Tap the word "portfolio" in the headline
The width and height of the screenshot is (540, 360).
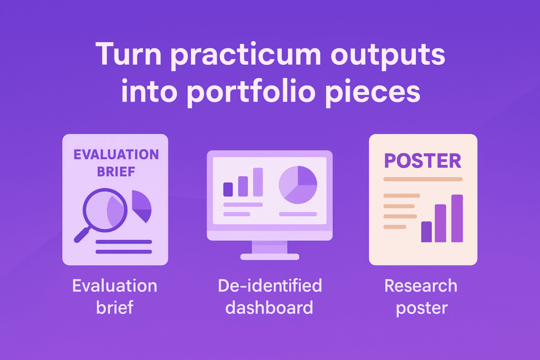click(x=252, y=92)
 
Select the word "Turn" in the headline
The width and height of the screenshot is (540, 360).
click(x=129, y=54)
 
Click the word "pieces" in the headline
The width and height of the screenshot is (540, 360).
click(x=373, y=92)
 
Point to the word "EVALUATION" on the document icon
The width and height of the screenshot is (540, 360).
click(x=116, y=154)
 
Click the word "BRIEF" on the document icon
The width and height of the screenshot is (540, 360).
click(x=116, y=171)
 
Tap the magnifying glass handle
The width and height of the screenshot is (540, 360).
click(x=82, y=235)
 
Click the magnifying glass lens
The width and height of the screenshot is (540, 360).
click(x=105, y=210)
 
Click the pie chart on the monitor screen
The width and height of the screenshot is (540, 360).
click(x=298, y=185)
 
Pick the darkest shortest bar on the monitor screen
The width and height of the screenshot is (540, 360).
click(x=228, y=189)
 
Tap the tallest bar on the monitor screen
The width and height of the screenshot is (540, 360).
click(x=258, y=182)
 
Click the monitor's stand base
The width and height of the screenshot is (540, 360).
click(x=269, y=257)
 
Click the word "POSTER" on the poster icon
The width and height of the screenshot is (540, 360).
click(x=422, y=161)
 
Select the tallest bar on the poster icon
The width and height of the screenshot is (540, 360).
click(x=457, y=219)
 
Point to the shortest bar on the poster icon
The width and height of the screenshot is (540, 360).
click(x=426, y=231)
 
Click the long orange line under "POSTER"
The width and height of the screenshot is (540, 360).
click(x=423, y=179)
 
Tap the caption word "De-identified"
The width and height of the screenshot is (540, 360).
click(x=270, y=286)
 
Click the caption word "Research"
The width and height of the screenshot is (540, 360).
click(x=421, y=286)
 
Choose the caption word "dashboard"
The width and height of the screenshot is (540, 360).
click(x=269, y=307)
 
